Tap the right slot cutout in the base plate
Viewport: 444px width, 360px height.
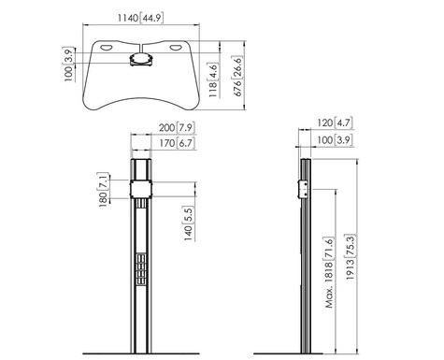point(180,47)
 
